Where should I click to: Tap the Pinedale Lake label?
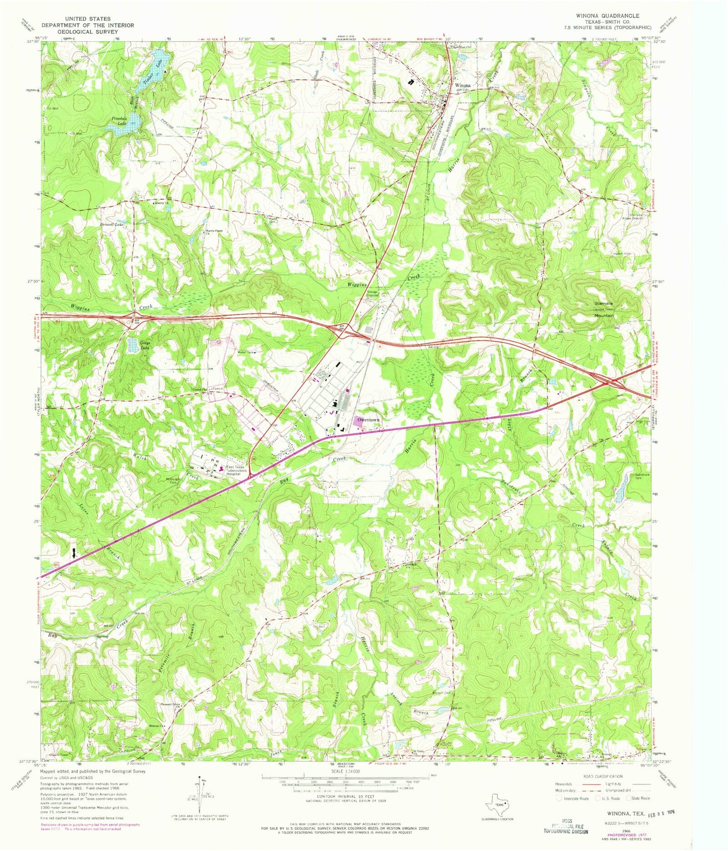click(119, 120)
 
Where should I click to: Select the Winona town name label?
click(463, 86)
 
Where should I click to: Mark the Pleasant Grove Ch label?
click(170, 704)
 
